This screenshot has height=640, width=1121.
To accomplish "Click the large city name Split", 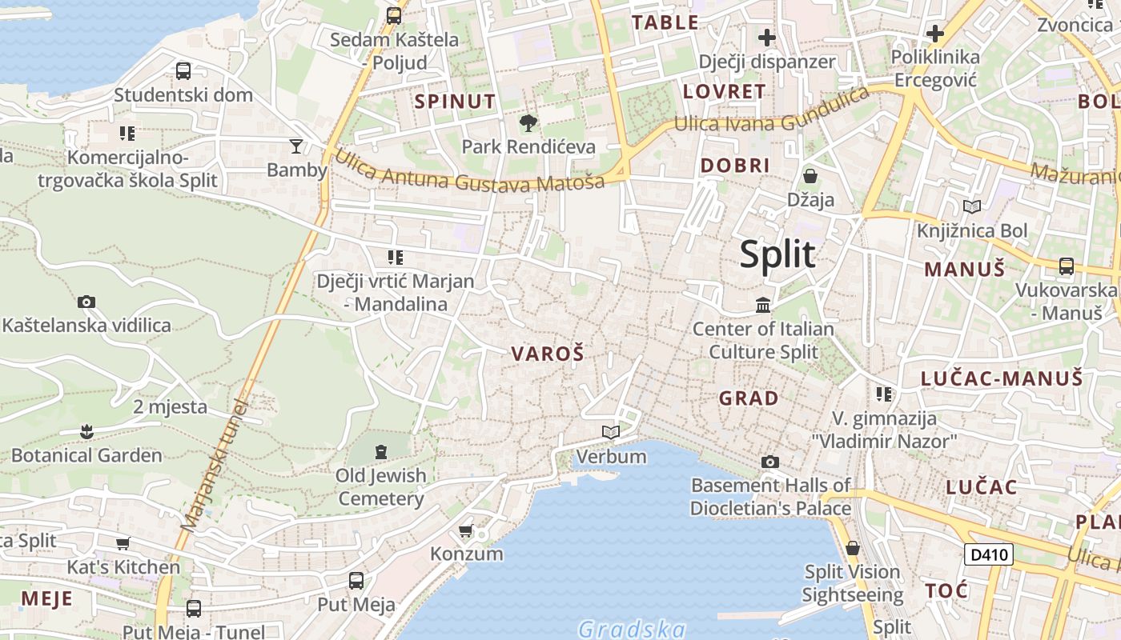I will pyautogui.click(x=777, y=254).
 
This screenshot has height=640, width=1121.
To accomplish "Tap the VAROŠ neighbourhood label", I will pyautogui.click(x=548, y=354).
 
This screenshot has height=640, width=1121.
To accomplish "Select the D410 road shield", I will pyautogui.click(x=988, y=554).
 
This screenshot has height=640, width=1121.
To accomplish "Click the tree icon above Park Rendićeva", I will pyautogui.click(x=528, y=123).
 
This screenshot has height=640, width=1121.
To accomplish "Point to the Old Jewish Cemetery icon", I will pyautogui.click(x=380, y=451).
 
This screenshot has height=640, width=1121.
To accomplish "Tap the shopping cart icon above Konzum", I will pyautogui.click(x=466, y=530).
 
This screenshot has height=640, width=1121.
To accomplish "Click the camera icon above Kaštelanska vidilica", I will pyautogui.click(x=86, y=302).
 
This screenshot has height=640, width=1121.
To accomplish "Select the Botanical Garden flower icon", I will pyautogui.click(x=86, y=432).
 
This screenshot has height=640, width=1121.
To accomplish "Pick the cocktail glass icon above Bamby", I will pyautogui.click(x=296, y=146).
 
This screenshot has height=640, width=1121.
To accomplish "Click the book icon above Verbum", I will pyautogui.click(x=611, y=433).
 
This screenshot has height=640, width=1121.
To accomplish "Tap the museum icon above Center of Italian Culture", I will pyautogui.click(x=762, y=305).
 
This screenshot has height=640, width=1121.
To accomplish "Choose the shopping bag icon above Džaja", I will pyautogui.click(x=810, y=176).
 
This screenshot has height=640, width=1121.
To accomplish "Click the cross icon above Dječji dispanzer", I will pyautogui.click(x=767, y=38).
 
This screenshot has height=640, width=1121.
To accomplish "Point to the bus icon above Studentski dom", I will pyautogui.click(x=183, y=71).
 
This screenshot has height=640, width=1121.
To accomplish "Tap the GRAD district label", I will pyautogui.click(x=748, y=398).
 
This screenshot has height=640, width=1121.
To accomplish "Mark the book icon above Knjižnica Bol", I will pyautogui.click(x=972, y=206).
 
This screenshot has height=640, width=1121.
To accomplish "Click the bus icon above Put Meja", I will pyautogui.click(x=356, y=581).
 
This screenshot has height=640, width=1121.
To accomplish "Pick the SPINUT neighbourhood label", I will pyautogui.click(x=455, y=102).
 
